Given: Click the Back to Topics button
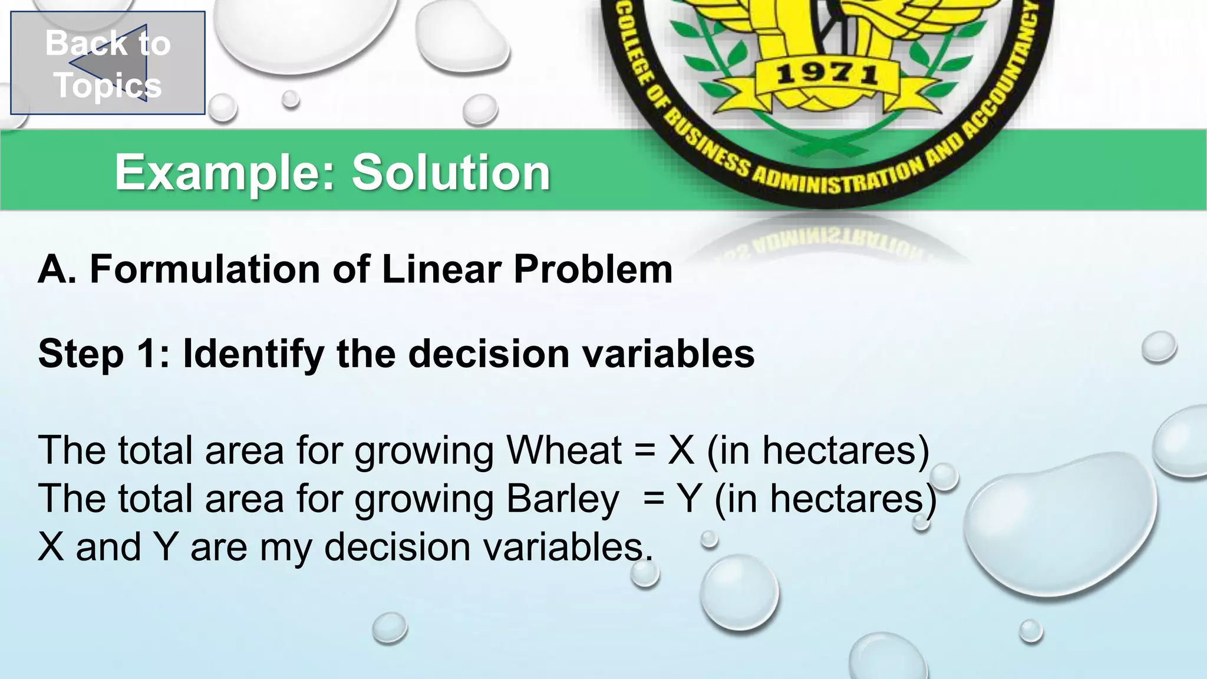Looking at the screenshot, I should point(108,63).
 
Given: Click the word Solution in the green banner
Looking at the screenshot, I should point(451,172).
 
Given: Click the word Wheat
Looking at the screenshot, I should point(564,450).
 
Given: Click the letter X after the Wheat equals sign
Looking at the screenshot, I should point(681,450).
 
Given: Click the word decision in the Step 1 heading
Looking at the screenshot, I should point(489,354).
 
